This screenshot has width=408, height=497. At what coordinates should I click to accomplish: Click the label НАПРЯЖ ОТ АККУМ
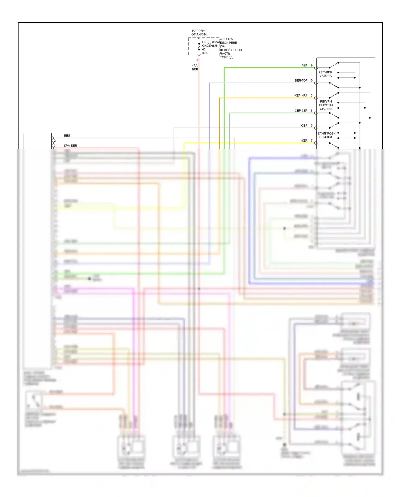click(199, 33)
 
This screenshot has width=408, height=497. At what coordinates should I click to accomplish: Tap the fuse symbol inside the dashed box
click(199, 46)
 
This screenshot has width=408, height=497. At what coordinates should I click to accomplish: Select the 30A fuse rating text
click(205, 53)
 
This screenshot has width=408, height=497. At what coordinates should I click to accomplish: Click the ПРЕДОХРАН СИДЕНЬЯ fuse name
click(211, 44)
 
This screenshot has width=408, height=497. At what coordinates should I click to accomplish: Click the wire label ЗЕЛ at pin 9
click(305, 66)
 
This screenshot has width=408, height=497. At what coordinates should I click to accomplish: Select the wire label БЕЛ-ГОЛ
click(301, 80)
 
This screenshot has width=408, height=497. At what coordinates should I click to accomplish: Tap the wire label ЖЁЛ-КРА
click(301, 96)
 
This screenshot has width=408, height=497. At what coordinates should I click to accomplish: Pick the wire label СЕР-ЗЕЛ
click(301, 111)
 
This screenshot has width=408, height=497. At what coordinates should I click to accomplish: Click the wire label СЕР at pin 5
click(304, 126)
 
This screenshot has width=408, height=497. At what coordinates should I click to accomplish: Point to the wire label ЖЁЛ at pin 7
click(304, 141)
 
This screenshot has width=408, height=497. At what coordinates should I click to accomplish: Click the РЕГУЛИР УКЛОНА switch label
click(325, 74)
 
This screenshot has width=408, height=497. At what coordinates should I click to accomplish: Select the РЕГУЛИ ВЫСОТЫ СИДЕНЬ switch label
click(326, 105)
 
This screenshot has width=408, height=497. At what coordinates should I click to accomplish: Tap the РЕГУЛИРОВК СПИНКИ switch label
click(325, 135)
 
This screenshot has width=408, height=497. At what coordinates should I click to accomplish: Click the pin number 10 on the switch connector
click(311, 80)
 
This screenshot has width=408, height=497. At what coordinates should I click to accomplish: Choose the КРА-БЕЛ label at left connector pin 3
click(70, 146)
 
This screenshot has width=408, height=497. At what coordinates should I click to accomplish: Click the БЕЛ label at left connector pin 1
click(67, 135)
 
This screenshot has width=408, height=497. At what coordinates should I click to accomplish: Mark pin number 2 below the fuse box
click(197, 60)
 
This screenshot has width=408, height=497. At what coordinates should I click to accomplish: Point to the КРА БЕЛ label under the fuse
click(195, 67)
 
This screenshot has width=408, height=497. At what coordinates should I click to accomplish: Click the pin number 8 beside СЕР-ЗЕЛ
click(312, 111)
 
